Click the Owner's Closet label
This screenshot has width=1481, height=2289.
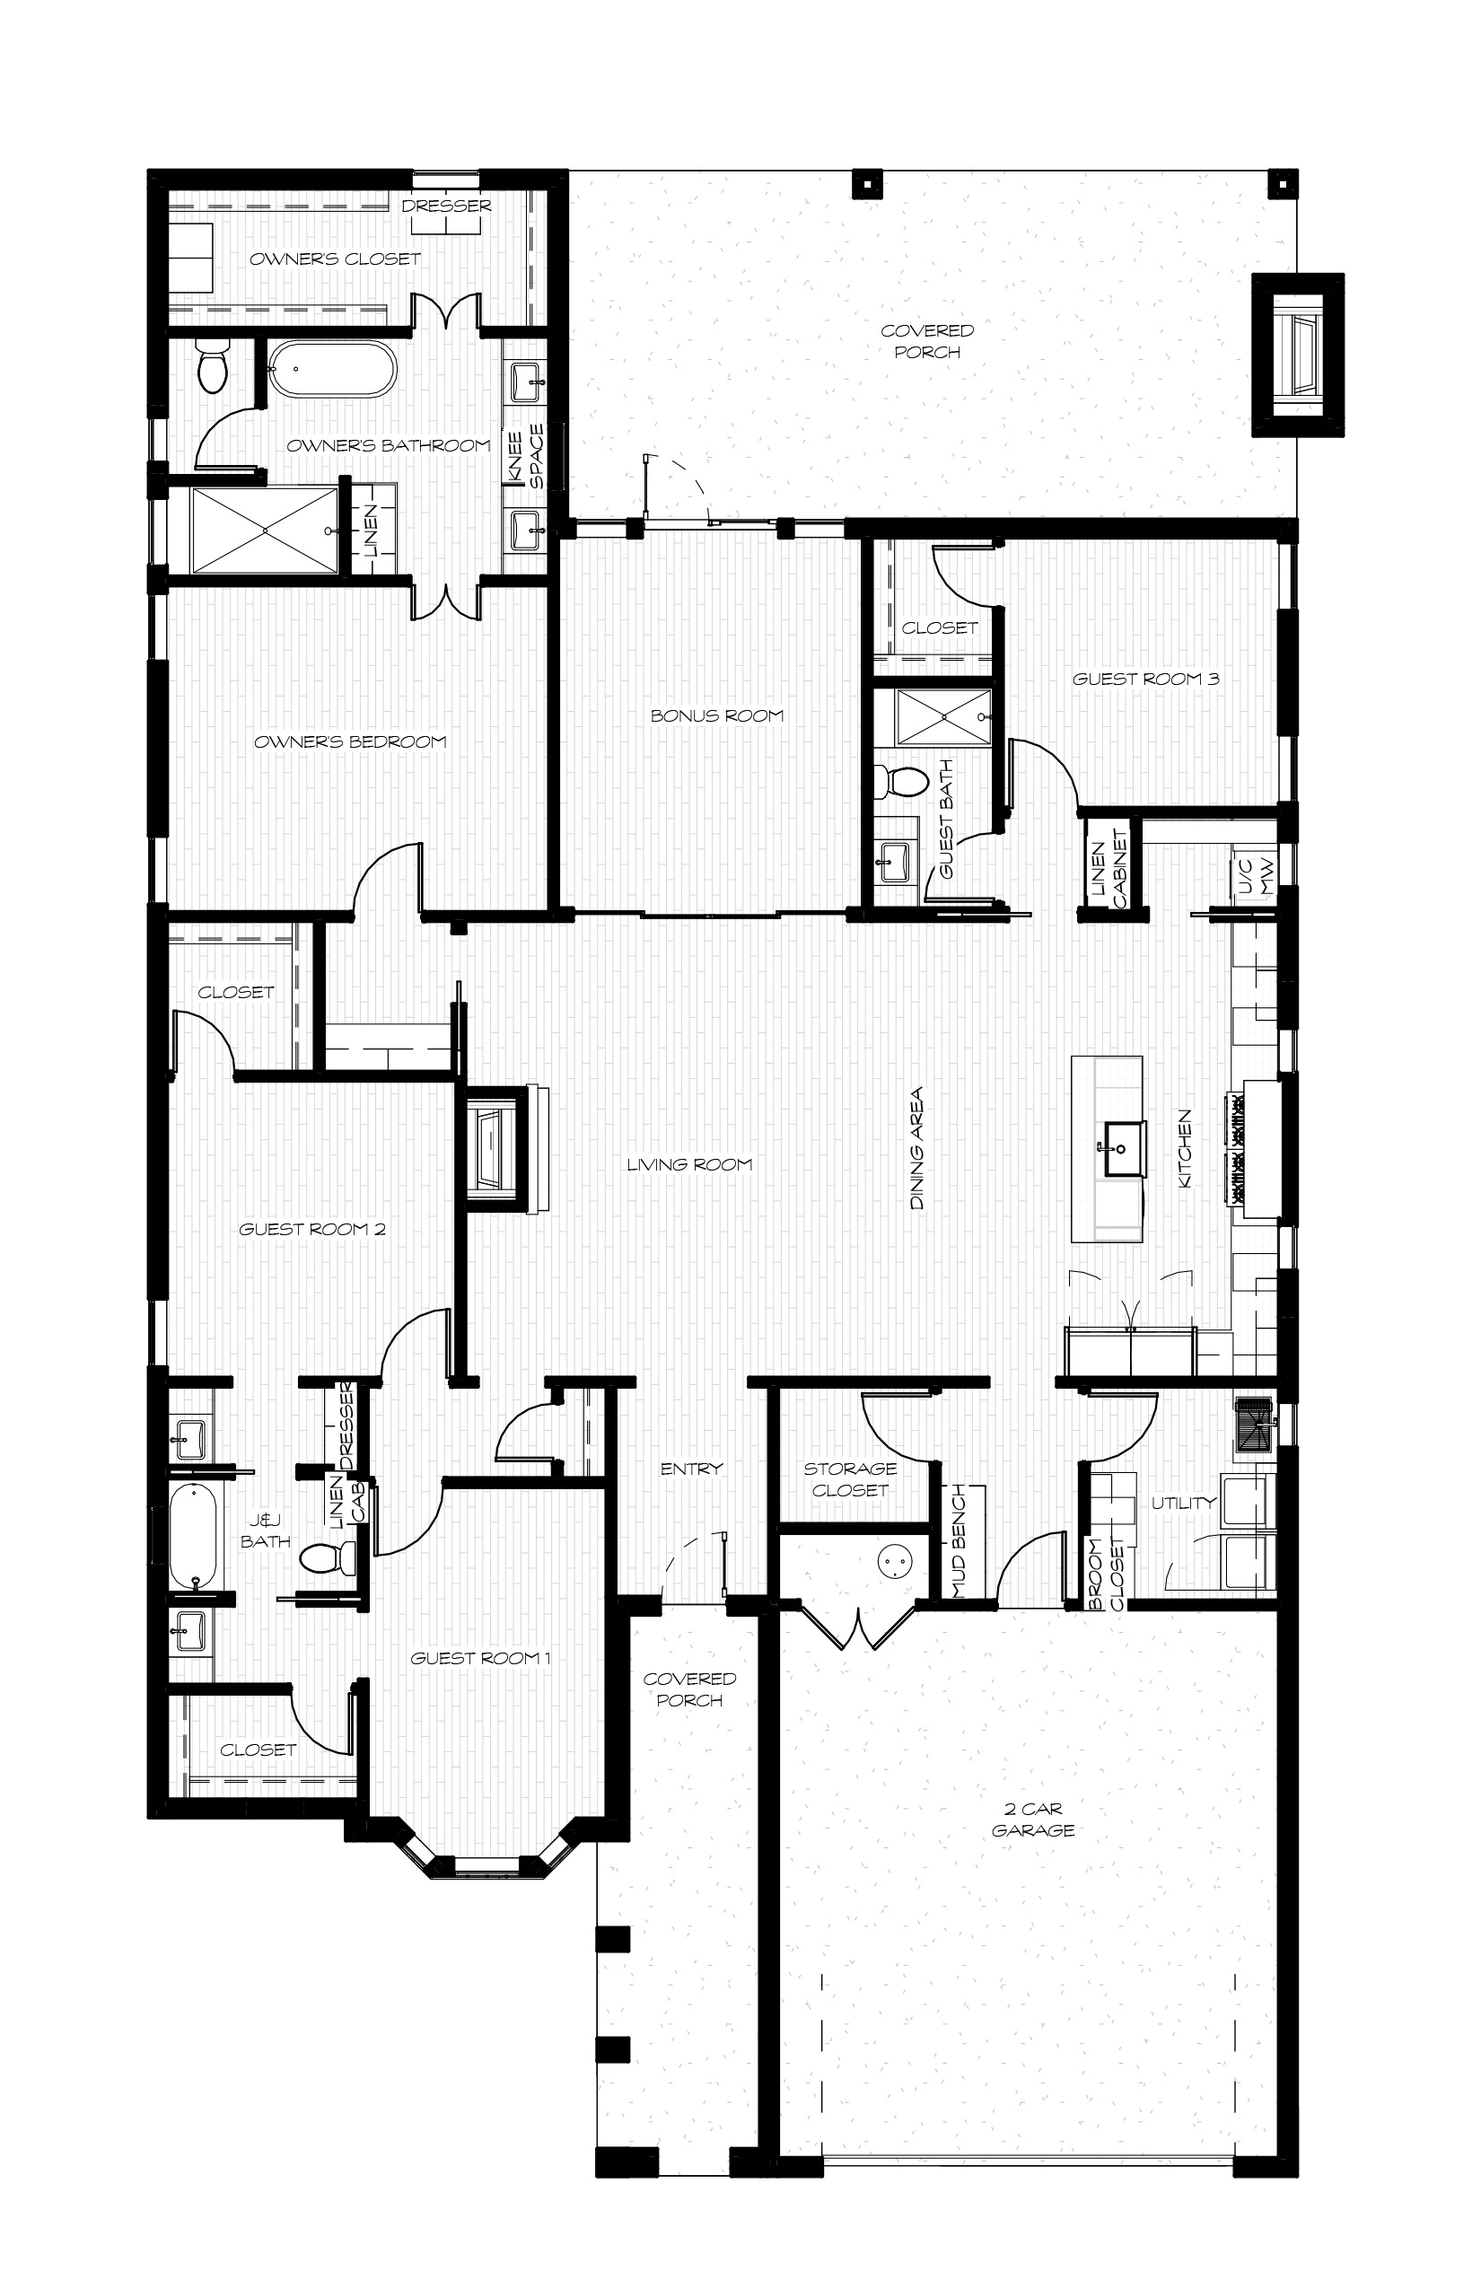pos(335,259)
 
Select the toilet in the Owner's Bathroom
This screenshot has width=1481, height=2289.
pos(212,367)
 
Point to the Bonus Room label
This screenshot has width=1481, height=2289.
pos(716,715)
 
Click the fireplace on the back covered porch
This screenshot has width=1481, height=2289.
pos(1297,355)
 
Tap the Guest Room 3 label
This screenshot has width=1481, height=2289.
pos(1145,679)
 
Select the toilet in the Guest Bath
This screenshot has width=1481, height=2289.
pos(901,781)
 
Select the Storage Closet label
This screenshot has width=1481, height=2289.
pos(850,1479)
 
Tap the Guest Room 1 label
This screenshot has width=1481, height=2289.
pos(480,1658)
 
